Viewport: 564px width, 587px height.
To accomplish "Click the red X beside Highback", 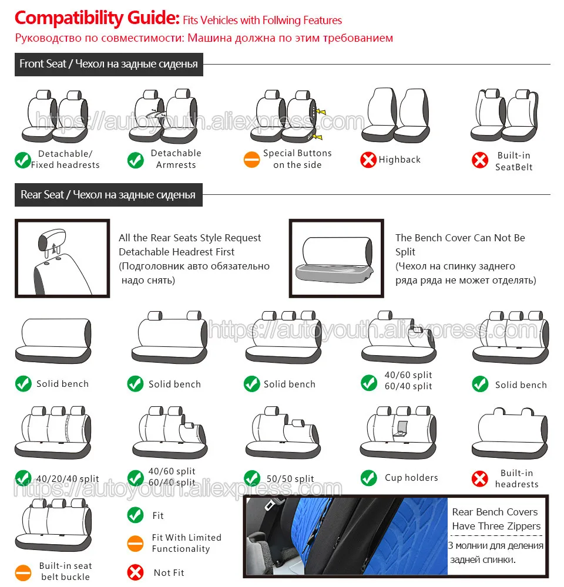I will pyautogui.click(x=368, y=160).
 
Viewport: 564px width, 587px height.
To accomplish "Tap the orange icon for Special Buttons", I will pyautogui.click(x=251, y=160).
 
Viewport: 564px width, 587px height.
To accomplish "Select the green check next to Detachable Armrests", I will pyautogui.click(x=136, y=160).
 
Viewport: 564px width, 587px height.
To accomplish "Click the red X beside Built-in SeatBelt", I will pyautogui.click(x=481, y=160).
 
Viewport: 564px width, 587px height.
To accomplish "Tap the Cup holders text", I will pyautogui.click(x=411, y=478).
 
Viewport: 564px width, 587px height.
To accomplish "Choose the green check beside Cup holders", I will pyautogui.click(x=369, y=478).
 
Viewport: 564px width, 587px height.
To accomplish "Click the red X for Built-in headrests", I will pyautogui.click(x=480, y=479).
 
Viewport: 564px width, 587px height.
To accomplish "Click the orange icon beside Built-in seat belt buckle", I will pyautogui.click(x=23, y=571).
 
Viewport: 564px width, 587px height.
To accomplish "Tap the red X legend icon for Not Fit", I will pyautogui.click(x=136, y=572).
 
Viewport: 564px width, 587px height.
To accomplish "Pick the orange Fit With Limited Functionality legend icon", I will pyautogui.click(x=136, y=543).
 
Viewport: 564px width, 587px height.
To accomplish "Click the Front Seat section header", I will pyautogui.click(x=109, y=64).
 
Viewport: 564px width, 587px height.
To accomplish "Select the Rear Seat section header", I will pyautogui.click(x=108, y=195).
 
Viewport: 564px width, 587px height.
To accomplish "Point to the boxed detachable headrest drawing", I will pyautogui.click(x=62, y=258).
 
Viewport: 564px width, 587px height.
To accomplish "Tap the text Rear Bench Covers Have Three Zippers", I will pyautogui.click(x=495, y=519).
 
